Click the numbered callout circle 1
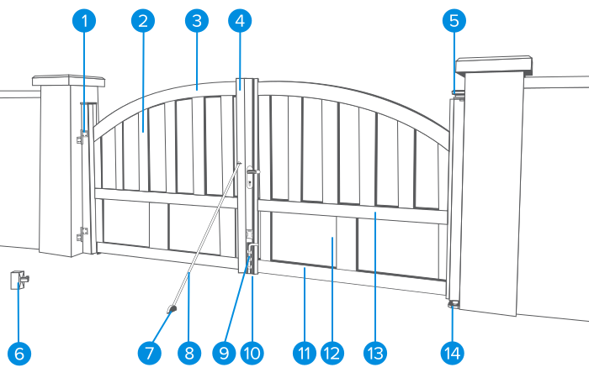point(84,21)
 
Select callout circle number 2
point(143,21)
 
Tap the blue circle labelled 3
point(197,21)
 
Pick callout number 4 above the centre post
point(240,21)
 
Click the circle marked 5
point(454,21)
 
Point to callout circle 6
point(19,354)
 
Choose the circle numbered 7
point(150,354)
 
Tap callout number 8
point(189,354)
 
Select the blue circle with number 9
point(224,354)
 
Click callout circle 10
point(252,354)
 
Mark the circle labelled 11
point(305,354)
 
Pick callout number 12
point(332,354)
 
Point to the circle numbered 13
point(375,354)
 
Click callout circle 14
point(453,354)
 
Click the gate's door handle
point(253,171)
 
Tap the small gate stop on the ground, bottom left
point(19,280)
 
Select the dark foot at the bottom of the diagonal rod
point(172,309)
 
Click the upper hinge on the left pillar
point(82,136)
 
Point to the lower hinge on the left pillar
point(82,234)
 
